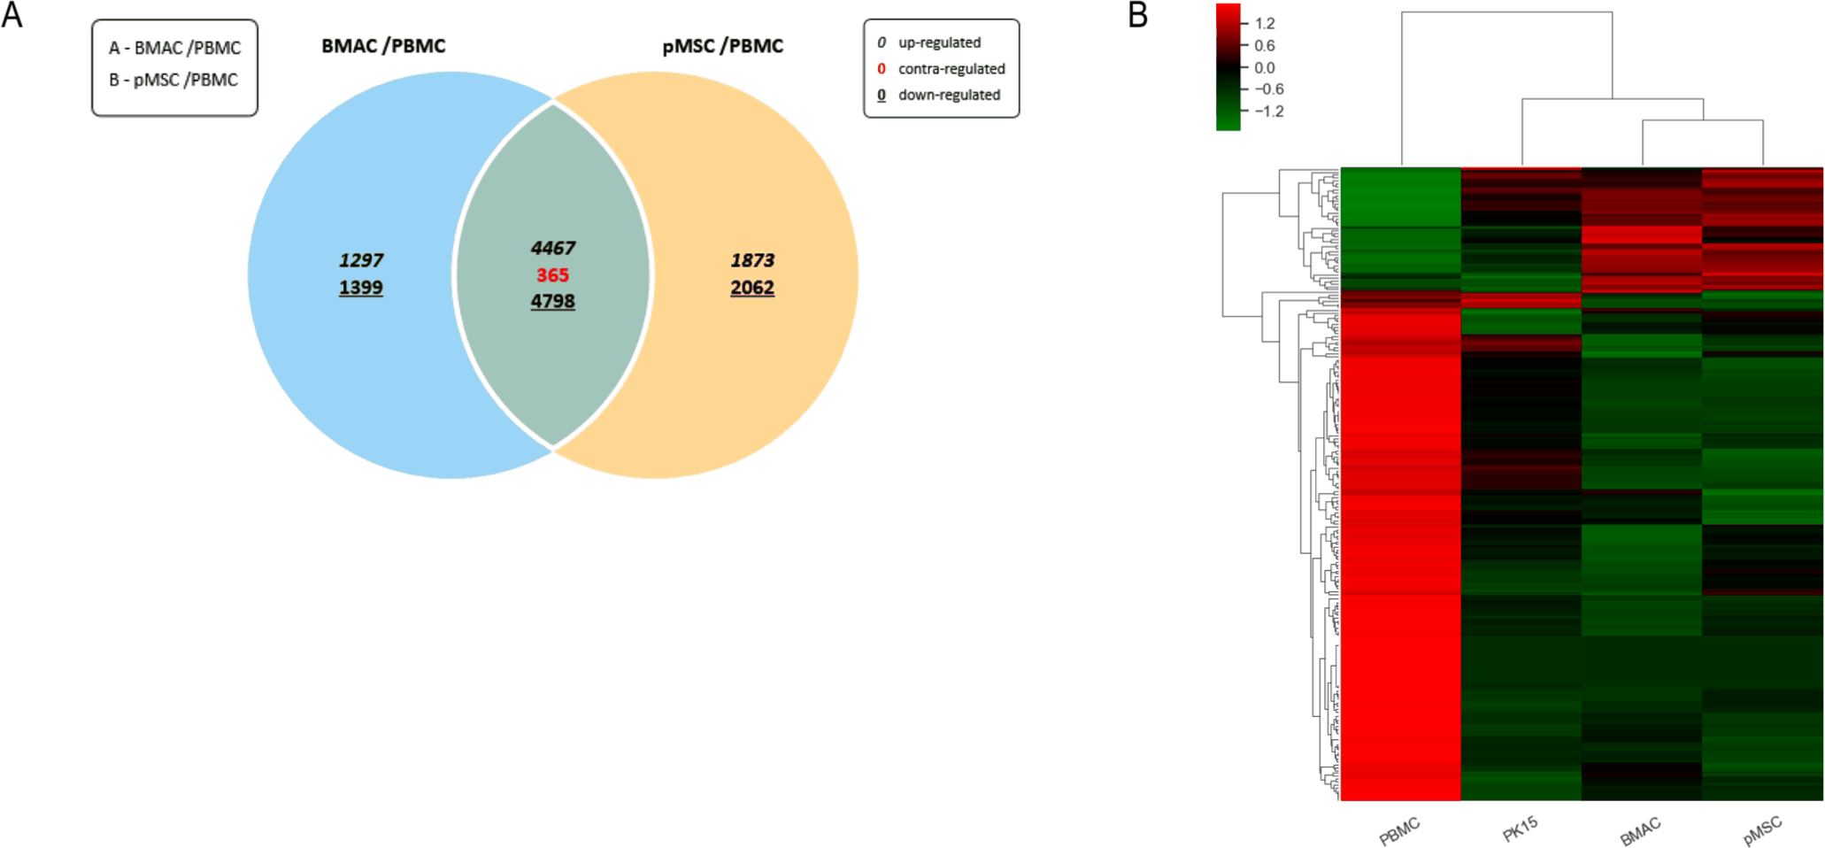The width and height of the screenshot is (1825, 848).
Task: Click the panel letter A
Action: [x=12, y=15]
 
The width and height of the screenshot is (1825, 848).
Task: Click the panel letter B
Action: [x=1137, y=15]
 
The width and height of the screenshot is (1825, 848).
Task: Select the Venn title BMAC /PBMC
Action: [x=383, y=46]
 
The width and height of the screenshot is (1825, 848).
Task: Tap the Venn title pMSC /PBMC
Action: [x=722, y=46]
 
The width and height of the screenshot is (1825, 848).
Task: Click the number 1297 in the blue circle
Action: [x=361, y=260]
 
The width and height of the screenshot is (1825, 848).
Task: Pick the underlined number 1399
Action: [x=361, y=288]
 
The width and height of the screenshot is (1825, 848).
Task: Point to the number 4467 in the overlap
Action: [x=553, y=248]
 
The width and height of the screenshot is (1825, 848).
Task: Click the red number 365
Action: [x=552, y=275]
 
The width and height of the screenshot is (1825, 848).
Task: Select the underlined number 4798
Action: [x=553, y=302]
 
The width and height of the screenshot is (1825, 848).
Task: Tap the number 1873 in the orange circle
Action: [x=752, y=260]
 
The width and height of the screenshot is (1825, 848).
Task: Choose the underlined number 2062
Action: [x=752, y=288]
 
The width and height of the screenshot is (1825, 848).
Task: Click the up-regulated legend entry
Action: [x=929, y=42]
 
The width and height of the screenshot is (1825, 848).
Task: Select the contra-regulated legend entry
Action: [x=941, y=69]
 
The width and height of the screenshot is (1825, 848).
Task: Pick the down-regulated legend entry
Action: [x=938, y=95]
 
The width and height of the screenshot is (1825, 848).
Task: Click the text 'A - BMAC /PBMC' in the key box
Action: [x=175, y=48]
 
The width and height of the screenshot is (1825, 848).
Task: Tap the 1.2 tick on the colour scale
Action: [x=1265, y=23]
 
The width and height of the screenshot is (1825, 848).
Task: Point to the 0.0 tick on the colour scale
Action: [x=1265, y=67]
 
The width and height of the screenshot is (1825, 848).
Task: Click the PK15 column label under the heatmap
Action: [x=1521, y=829]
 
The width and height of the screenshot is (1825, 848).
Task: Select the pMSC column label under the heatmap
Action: [x=1762, y=831]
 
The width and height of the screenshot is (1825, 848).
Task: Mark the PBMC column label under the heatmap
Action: [x=1399, y=831]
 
